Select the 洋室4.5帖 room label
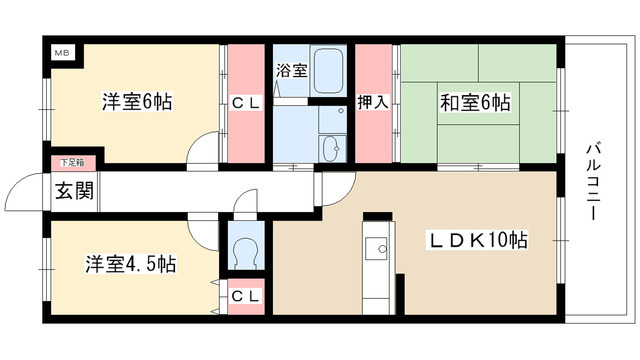129,264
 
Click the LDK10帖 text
479,240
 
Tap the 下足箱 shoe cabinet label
69,161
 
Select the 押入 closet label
372,102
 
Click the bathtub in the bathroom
329,71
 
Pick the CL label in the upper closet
245,102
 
